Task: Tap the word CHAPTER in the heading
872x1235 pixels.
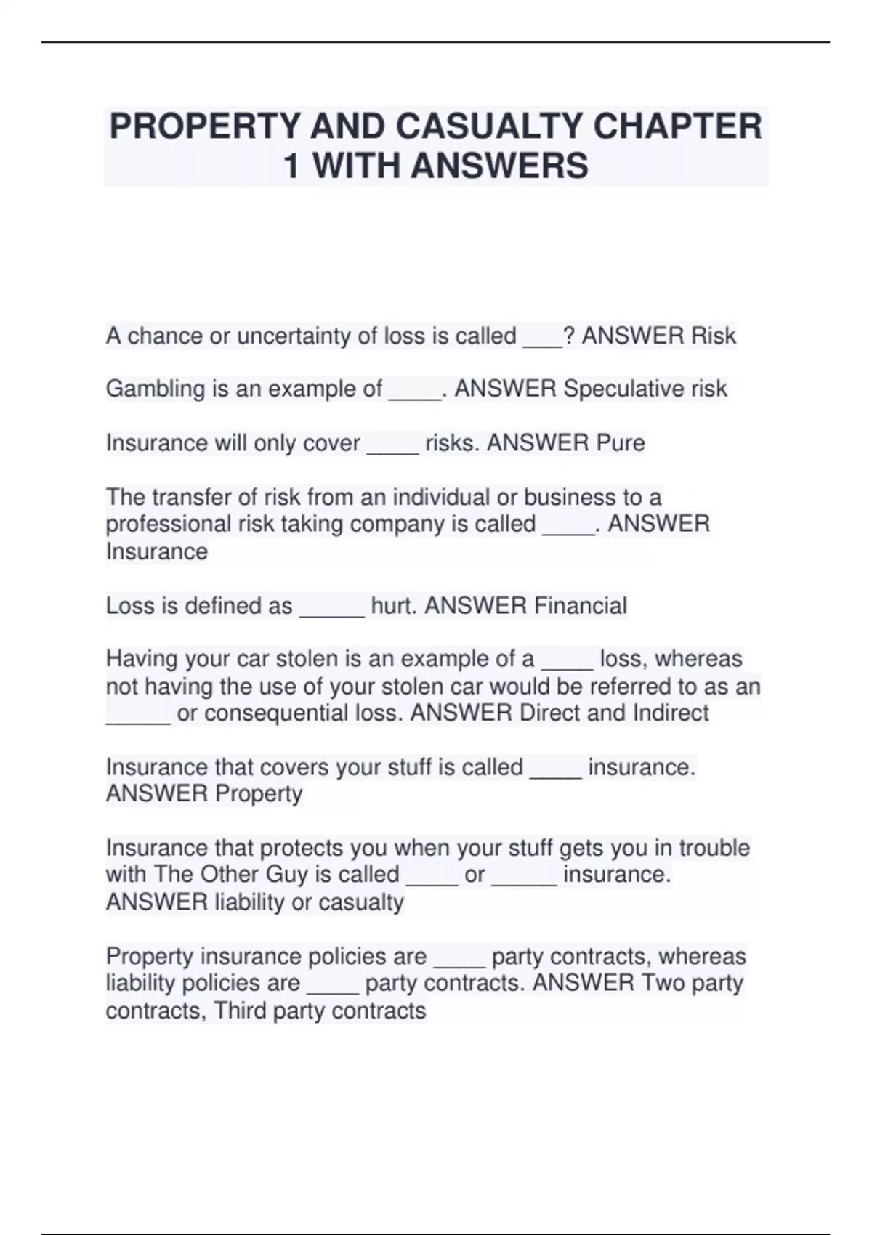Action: pos(678,126)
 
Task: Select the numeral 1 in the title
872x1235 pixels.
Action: pos(291,166)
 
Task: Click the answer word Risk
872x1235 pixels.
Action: pos(713,336)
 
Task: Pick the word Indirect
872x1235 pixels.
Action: pos(671,713)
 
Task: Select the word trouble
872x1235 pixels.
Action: pos(714,848)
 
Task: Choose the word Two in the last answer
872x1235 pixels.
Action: pos(662,983)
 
